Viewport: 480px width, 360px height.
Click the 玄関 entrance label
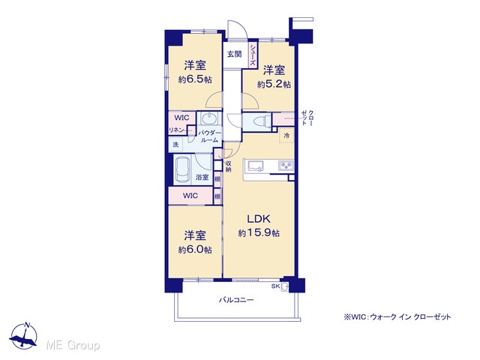[x=235, y=55]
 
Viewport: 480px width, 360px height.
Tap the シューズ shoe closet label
[x=253, y=55]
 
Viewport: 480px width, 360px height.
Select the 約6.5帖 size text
[x=195, y=79]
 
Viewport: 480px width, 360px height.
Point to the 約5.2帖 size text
[x=274, y=84]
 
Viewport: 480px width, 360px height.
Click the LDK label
[x=259, y=219]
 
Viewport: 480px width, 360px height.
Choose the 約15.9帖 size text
[x=259, y=233]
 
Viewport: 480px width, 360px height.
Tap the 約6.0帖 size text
[x=195, y=250]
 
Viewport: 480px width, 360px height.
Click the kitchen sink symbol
[x=256, y=166]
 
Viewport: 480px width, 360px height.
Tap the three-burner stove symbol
[x=286, y=166]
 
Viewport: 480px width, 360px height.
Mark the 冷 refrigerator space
[x=286, y=135]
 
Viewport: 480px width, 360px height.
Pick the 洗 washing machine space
[x=175, y=145]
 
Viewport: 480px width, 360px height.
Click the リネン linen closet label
[x=177, y=130]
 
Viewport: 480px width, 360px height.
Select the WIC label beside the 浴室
[x=190, y=195]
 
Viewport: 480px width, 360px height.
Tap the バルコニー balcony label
[x=236, y=300]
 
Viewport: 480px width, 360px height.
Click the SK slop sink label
[x=275, y=286]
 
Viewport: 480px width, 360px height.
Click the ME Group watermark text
[x=73, y=345]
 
